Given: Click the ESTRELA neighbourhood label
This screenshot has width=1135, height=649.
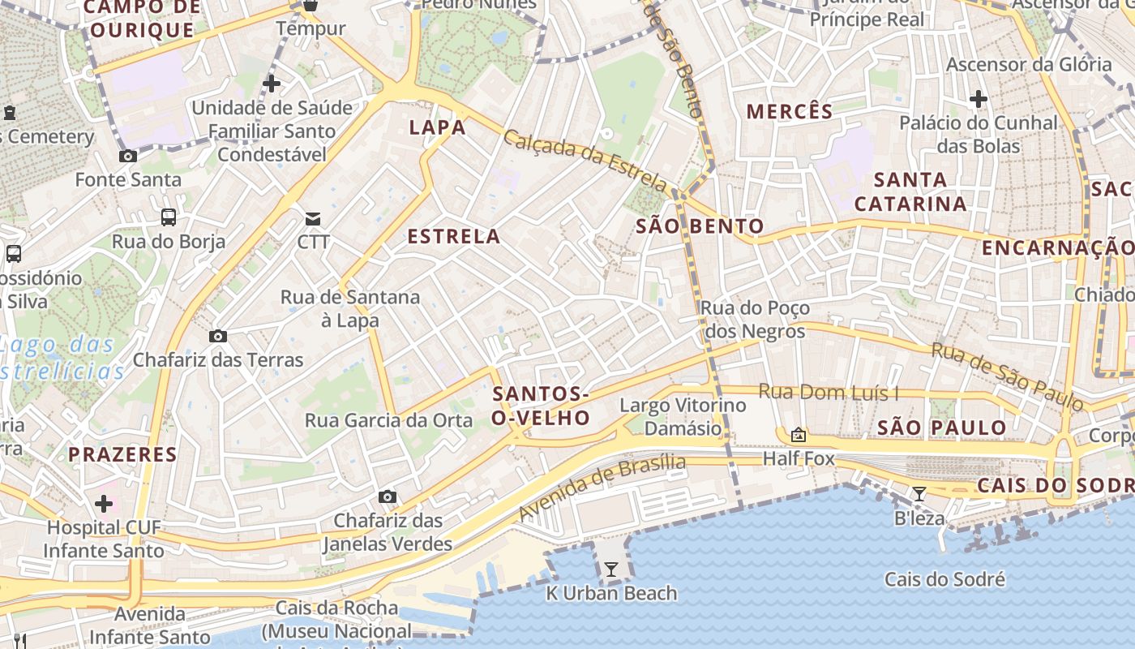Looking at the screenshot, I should point(453,237).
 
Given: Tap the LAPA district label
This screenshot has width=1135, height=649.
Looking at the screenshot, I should point(438,127).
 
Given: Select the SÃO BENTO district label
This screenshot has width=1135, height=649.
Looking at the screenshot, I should point(700,226).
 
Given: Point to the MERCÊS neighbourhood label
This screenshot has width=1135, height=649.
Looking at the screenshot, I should point(790,112).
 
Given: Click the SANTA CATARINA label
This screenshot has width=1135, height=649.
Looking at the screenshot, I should point(910,191).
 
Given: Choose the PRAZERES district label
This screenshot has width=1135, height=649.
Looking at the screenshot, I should point(122,454).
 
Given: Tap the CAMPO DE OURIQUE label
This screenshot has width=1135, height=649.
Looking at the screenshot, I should point(142,19).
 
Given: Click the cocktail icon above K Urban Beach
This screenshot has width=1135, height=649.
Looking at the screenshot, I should point(611,569).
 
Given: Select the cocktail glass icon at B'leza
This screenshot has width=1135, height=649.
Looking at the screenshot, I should point(919,494).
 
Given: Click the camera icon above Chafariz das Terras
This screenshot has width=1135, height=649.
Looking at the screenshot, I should point(217,336).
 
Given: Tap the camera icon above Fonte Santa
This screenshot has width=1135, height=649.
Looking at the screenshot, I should point(127,156).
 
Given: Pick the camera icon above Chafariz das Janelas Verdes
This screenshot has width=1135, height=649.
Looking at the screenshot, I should point(388,496).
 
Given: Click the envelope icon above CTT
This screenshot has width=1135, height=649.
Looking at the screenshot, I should point(313,218).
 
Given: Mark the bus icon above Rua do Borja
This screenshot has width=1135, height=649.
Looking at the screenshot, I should point(168,217).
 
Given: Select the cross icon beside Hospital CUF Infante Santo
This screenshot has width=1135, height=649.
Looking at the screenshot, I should point(104,504).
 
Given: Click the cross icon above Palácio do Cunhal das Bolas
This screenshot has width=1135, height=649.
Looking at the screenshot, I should point(978,100).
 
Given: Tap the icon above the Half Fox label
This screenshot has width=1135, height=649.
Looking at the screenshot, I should point(799,436).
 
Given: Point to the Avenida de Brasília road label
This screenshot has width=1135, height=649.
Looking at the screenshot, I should point(602,488).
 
